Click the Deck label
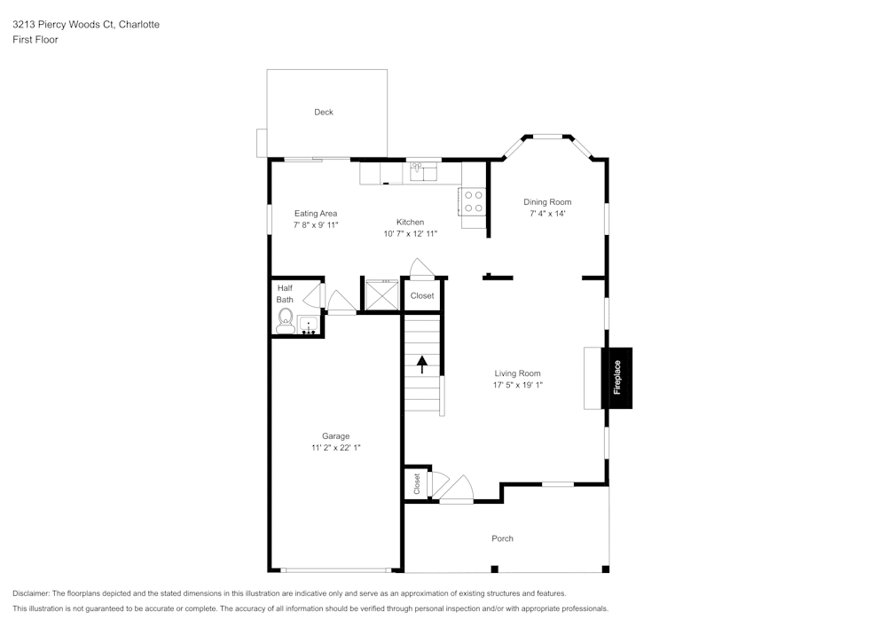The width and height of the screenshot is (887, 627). tap(324, 113)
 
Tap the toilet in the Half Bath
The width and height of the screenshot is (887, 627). tap(286, 320)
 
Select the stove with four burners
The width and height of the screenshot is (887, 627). tap(473, 201)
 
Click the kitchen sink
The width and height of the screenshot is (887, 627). tap(425, 170)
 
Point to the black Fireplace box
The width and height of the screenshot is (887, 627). tap(617, 378)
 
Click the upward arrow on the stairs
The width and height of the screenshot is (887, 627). tap(422, 363)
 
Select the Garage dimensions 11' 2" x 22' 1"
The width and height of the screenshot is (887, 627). tap(335, 448)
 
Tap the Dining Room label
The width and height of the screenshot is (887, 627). tap(547, 202)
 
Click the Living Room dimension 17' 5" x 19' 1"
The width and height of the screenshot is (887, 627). tap(517, 385)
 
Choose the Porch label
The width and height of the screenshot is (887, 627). tap(502, 538)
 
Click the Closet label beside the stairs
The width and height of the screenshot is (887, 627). tap(422, 295)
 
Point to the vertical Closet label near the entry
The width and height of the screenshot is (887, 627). tap(416, 483)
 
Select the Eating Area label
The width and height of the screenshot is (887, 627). tap(316, 213)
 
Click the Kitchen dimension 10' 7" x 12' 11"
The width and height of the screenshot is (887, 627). tap(410, 233)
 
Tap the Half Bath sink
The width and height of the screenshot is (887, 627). tap(309, 325)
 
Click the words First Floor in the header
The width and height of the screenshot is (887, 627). tap(35, 40)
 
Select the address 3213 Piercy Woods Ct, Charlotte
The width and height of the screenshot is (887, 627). tap(86, 25)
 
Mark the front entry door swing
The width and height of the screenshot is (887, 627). tap(458, 488)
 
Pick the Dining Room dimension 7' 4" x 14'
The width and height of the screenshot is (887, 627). tap(547, 214)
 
